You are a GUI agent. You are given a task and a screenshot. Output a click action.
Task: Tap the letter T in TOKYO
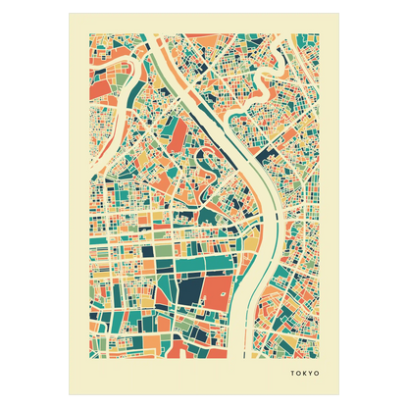pos(291,373)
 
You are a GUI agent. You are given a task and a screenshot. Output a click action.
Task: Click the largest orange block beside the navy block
pos(220,291)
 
